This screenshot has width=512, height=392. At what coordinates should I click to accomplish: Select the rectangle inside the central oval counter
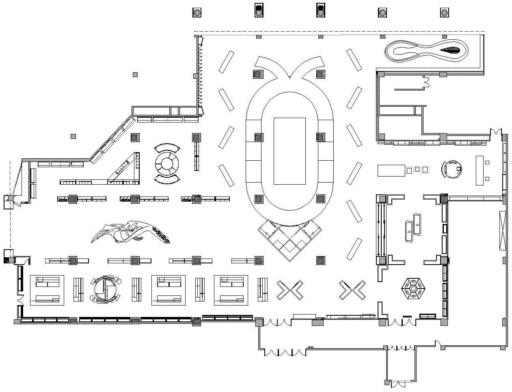(289, 151)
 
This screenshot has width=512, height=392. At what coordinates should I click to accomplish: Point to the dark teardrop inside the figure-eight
(451, 51)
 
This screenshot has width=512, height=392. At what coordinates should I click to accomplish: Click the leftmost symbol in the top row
(197, 13)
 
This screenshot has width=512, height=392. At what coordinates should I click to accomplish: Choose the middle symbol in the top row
(320, 10)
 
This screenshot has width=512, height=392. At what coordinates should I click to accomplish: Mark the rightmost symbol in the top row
(445, 13)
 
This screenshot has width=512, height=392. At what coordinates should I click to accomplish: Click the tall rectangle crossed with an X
(503, 230)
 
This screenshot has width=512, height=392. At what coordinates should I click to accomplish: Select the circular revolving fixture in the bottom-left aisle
(104, 289)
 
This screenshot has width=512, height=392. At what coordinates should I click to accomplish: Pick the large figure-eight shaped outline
(426, 51)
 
